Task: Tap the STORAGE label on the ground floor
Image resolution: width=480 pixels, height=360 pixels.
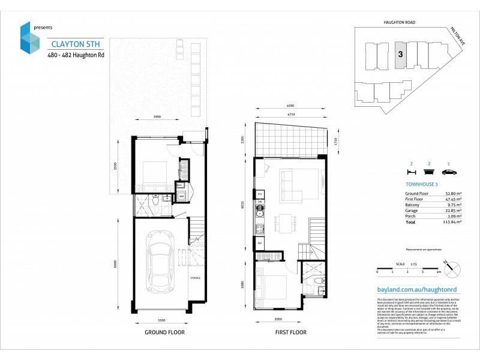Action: tap(195, 278)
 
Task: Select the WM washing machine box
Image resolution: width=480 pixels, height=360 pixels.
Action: tap(182, 196)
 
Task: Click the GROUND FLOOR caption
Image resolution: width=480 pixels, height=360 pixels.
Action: tap(164, 332)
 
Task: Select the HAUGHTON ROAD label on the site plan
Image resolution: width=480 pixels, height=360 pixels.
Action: tap(400, 22)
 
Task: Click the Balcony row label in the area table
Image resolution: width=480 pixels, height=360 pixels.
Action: tap(415, 205)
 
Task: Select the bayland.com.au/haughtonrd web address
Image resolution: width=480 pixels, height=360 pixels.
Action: tap(415, 289)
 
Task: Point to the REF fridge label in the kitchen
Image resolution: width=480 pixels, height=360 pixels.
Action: tap(260, 242)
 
